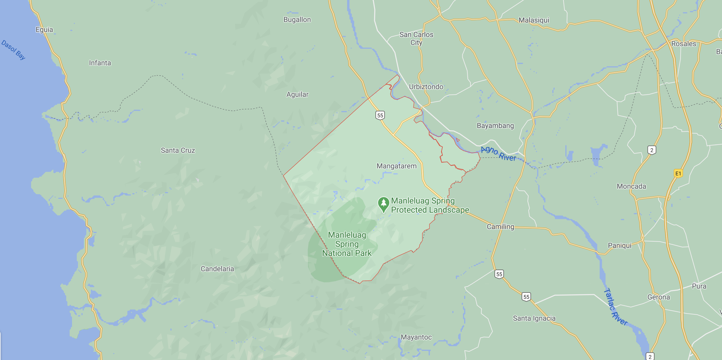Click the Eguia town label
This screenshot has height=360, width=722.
click(x=44, y=29)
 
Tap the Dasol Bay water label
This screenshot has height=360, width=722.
click(x=14, y=50)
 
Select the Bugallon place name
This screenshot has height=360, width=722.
click(x=297, y=19)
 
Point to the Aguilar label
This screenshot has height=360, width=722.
click(x=297, y=94)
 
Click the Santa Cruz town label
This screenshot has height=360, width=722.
click(x=178, y=150)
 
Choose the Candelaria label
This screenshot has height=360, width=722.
click(x=217, y=269)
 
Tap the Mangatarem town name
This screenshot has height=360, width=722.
click(x=397, y=166)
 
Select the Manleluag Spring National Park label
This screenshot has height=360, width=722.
click(x=347, y=244)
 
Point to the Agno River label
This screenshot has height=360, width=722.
click(x=498, y=153)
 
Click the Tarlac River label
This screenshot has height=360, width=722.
click(x=615, y=307)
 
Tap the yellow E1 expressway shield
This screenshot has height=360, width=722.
click(x=678, y=173)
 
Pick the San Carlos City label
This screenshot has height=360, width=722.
click(x=416, y=38)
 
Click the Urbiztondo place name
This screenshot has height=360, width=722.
click(x=426, y=87)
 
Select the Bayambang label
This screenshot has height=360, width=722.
click(x=495, y=125)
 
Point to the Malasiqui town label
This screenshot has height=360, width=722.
click(x=534, y=20)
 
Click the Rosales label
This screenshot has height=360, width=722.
click(x=683, y=44)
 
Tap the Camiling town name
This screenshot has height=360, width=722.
click(x=500, y=227)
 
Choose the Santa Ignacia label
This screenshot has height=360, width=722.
click(x=534, y=318)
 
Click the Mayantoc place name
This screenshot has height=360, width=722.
click(x=416, y=337)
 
